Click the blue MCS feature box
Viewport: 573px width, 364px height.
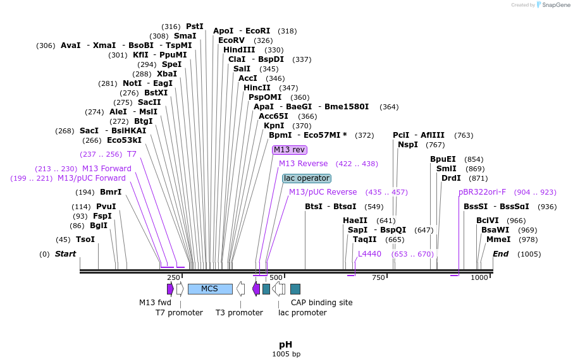click(209, 289)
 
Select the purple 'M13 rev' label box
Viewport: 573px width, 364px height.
click(290, 150)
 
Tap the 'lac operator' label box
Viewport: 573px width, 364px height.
click(307, 178)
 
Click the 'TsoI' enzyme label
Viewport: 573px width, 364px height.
click(85, 240)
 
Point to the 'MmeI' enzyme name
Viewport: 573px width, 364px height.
click(498, 240)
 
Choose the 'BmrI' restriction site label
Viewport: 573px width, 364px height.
click(111, 192)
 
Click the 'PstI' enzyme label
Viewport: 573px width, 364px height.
click(195, 27)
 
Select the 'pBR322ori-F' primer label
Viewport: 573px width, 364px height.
click(482, 192)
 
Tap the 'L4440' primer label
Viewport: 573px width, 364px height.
click(369, 253)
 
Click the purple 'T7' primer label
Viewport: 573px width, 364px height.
click(132, 154)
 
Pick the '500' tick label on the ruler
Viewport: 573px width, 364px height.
click(276, 277)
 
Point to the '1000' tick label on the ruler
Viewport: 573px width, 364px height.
click(480, 277)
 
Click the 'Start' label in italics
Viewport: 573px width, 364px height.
click(65, 254)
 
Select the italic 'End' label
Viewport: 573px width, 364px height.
click(500, 254)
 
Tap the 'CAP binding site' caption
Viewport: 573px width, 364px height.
click(322, 303)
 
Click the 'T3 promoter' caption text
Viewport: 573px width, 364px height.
click(239, 313)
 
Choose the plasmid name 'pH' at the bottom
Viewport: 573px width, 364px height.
click(286, 344)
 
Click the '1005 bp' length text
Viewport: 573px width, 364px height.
click(286, 354)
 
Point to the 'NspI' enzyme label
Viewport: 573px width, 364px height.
click(408, 145)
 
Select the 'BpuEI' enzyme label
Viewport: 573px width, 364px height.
click(443, 159)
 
